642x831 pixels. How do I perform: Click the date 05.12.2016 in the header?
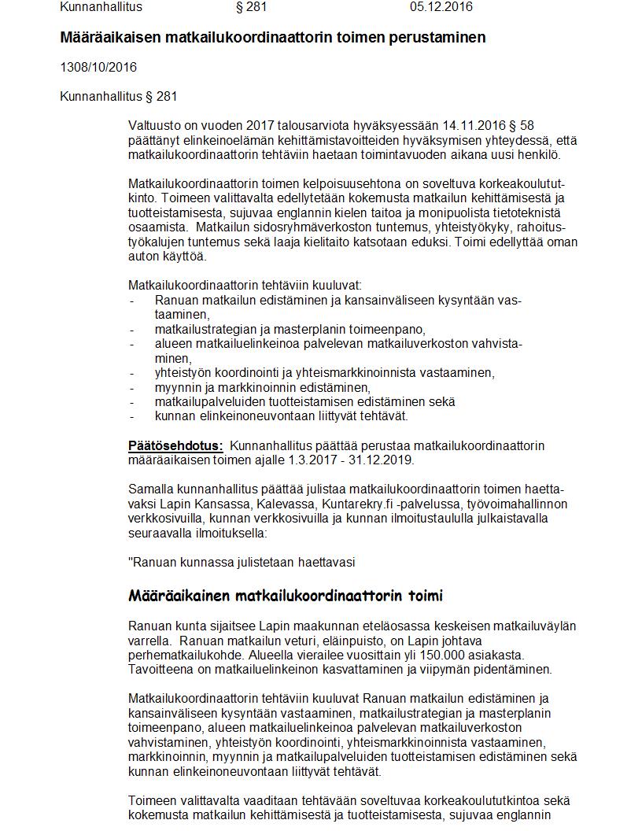[x=441, y=7]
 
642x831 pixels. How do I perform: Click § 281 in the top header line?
[x=251, y=7]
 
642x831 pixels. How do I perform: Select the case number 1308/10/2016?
[x=98, y=67]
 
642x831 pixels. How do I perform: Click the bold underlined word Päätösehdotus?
[x=175, y=445]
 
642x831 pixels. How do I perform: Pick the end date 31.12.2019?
[x=382, y=460]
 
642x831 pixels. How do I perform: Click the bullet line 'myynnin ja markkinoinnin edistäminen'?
[x=262, y=387]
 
